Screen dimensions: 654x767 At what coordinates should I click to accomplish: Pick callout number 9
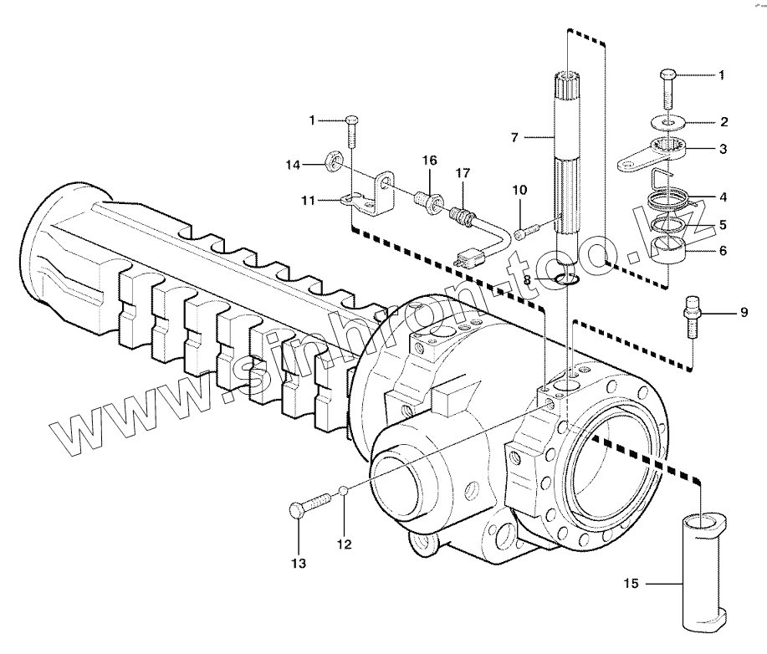[743, 314]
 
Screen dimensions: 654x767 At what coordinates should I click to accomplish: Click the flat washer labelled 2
[668, 123]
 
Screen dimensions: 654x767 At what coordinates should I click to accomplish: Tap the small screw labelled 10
[524, 232]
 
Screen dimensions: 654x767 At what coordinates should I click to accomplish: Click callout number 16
[429, 160]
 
